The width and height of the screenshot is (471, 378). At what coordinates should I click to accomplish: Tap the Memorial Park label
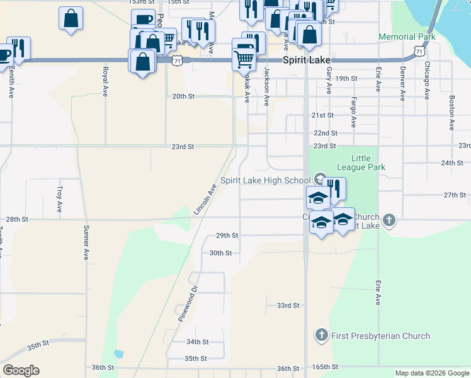tap(407, 37)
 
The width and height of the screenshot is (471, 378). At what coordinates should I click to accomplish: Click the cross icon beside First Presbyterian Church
tap(321, 335)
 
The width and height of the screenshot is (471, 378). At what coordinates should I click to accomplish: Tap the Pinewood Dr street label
tap(188, 304)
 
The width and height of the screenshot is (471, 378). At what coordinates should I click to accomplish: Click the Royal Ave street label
tap(105, 82)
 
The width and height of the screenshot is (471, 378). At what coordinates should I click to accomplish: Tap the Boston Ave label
tap(451, 113)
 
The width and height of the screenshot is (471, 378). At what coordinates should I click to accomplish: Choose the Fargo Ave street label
tap(354, 112)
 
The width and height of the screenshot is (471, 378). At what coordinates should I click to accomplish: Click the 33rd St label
tap(288, 306)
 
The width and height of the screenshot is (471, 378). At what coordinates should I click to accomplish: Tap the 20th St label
tap(183, 96)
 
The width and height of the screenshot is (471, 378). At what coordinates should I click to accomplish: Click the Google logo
tap(21, 370)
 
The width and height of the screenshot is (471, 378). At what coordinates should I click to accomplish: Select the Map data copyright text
tap(432, 373)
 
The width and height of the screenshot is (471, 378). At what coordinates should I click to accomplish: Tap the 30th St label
tap(221, 253)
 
